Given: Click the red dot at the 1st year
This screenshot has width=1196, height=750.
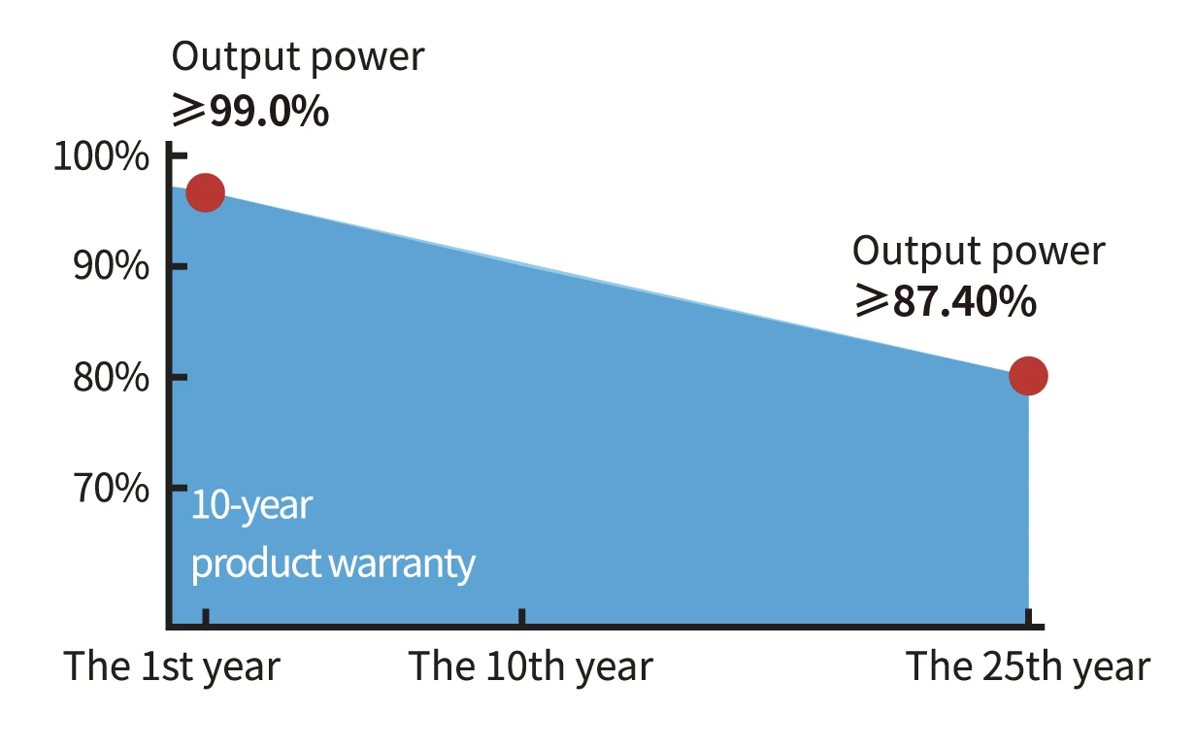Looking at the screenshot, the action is click(206, 192).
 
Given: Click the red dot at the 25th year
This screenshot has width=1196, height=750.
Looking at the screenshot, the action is click(1028, 376).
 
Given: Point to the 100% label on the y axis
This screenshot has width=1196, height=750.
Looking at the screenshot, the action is click(101, 156).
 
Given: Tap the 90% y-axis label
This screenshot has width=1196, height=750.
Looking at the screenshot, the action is click(111, 266).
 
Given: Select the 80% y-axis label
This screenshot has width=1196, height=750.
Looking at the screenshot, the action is click(111, 377).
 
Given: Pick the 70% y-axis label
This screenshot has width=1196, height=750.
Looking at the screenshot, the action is click(111, 488).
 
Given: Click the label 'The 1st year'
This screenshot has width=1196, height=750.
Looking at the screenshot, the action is click(172, 667).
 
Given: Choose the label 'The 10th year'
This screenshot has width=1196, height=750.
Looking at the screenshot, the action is click(531, 667).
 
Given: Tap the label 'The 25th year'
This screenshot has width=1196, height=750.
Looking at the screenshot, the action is click(1028, 667).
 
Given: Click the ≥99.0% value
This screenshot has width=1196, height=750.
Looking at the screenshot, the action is click(250, 111).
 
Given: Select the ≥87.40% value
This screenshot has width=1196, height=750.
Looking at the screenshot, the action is click(946, 301).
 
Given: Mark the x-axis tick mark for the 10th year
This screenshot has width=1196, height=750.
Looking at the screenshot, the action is click(521, 617).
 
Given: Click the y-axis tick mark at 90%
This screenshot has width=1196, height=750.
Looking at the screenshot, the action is click(180, 266).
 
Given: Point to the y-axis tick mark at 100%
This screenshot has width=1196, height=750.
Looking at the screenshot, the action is click(180, 156).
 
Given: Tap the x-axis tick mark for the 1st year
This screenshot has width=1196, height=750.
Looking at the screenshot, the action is click(206, 617).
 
